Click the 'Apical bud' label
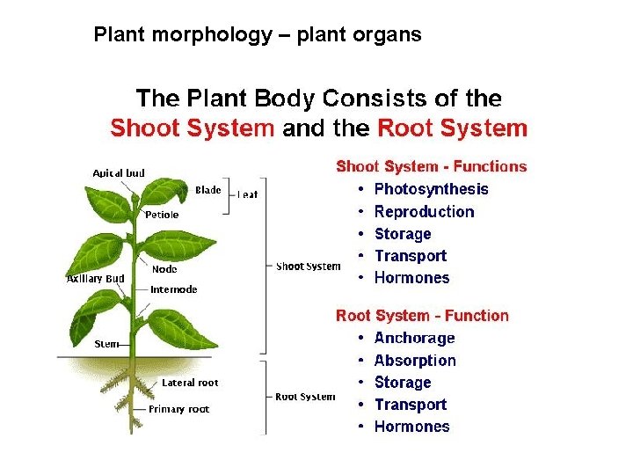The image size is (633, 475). pos(119,173)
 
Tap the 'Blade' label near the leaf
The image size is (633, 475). pos(207,190)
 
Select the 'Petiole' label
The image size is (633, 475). pos(162,215)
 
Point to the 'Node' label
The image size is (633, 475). pos(164,270)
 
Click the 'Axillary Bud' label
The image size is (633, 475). pos(96,279)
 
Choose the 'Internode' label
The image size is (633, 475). pos(174,289)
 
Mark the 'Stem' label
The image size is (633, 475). pos(105,344)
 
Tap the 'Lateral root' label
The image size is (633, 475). pos(190,383)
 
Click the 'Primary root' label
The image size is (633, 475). pos(178,409)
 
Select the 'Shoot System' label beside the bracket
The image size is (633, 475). pos(308,267)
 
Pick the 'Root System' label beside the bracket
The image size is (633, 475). pos(305,397)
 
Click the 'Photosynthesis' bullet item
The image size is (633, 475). pos(431,189)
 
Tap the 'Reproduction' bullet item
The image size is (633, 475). pos(424,212)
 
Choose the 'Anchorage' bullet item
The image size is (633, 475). pos(414,339)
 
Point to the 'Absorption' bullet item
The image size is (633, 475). pos(415,361)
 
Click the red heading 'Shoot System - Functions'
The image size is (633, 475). pos(431,166)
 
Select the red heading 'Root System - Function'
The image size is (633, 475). pos(422,316)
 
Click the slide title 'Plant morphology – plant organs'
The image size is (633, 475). pos(258,35)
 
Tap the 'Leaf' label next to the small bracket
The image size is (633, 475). pos(248,194)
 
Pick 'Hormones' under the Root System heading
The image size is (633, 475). pos(411,427)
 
